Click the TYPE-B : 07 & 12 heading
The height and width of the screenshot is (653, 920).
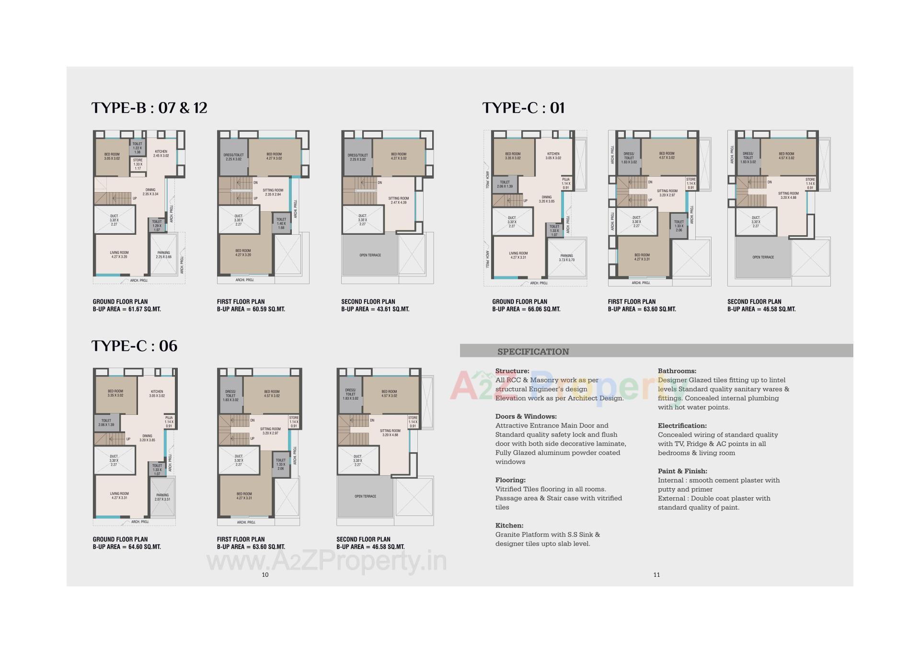[x=149, y=108]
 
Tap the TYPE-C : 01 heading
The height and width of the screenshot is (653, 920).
[x=523, y=108]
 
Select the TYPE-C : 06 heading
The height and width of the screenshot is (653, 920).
[x=134, y=346]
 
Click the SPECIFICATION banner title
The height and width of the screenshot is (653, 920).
[x=533, y=352]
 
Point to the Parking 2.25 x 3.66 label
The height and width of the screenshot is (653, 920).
[x=163, y=255]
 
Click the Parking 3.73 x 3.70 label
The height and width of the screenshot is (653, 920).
[x=566, y=258]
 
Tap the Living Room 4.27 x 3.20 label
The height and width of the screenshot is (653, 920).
[x=119, y=255]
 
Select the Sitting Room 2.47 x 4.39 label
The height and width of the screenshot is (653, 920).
[x=398, y=200]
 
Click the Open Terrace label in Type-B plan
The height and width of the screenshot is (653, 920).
[x=370, y=255]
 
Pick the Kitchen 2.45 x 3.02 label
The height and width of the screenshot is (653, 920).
[x=161, y=154]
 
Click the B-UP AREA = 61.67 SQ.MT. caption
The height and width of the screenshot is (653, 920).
[x=127, y=309]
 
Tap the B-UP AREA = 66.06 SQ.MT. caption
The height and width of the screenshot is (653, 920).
[x=526, y=309]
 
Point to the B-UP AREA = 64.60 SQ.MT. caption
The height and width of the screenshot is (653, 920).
[x=127, y=547]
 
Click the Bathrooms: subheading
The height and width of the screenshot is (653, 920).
[x=677, y=371]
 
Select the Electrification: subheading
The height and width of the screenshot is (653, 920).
[x=682, y=425]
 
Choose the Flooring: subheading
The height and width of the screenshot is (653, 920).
[x=510, y=480]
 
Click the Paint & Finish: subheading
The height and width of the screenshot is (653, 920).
[x=682, y=471]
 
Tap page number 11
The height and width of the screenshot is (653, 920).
[x=656, y=574]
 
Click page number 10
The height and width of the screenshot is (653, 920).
[x=265, y=574]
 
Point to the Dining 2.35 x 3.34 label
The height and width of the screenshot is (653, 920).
[x=150, y=192]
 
